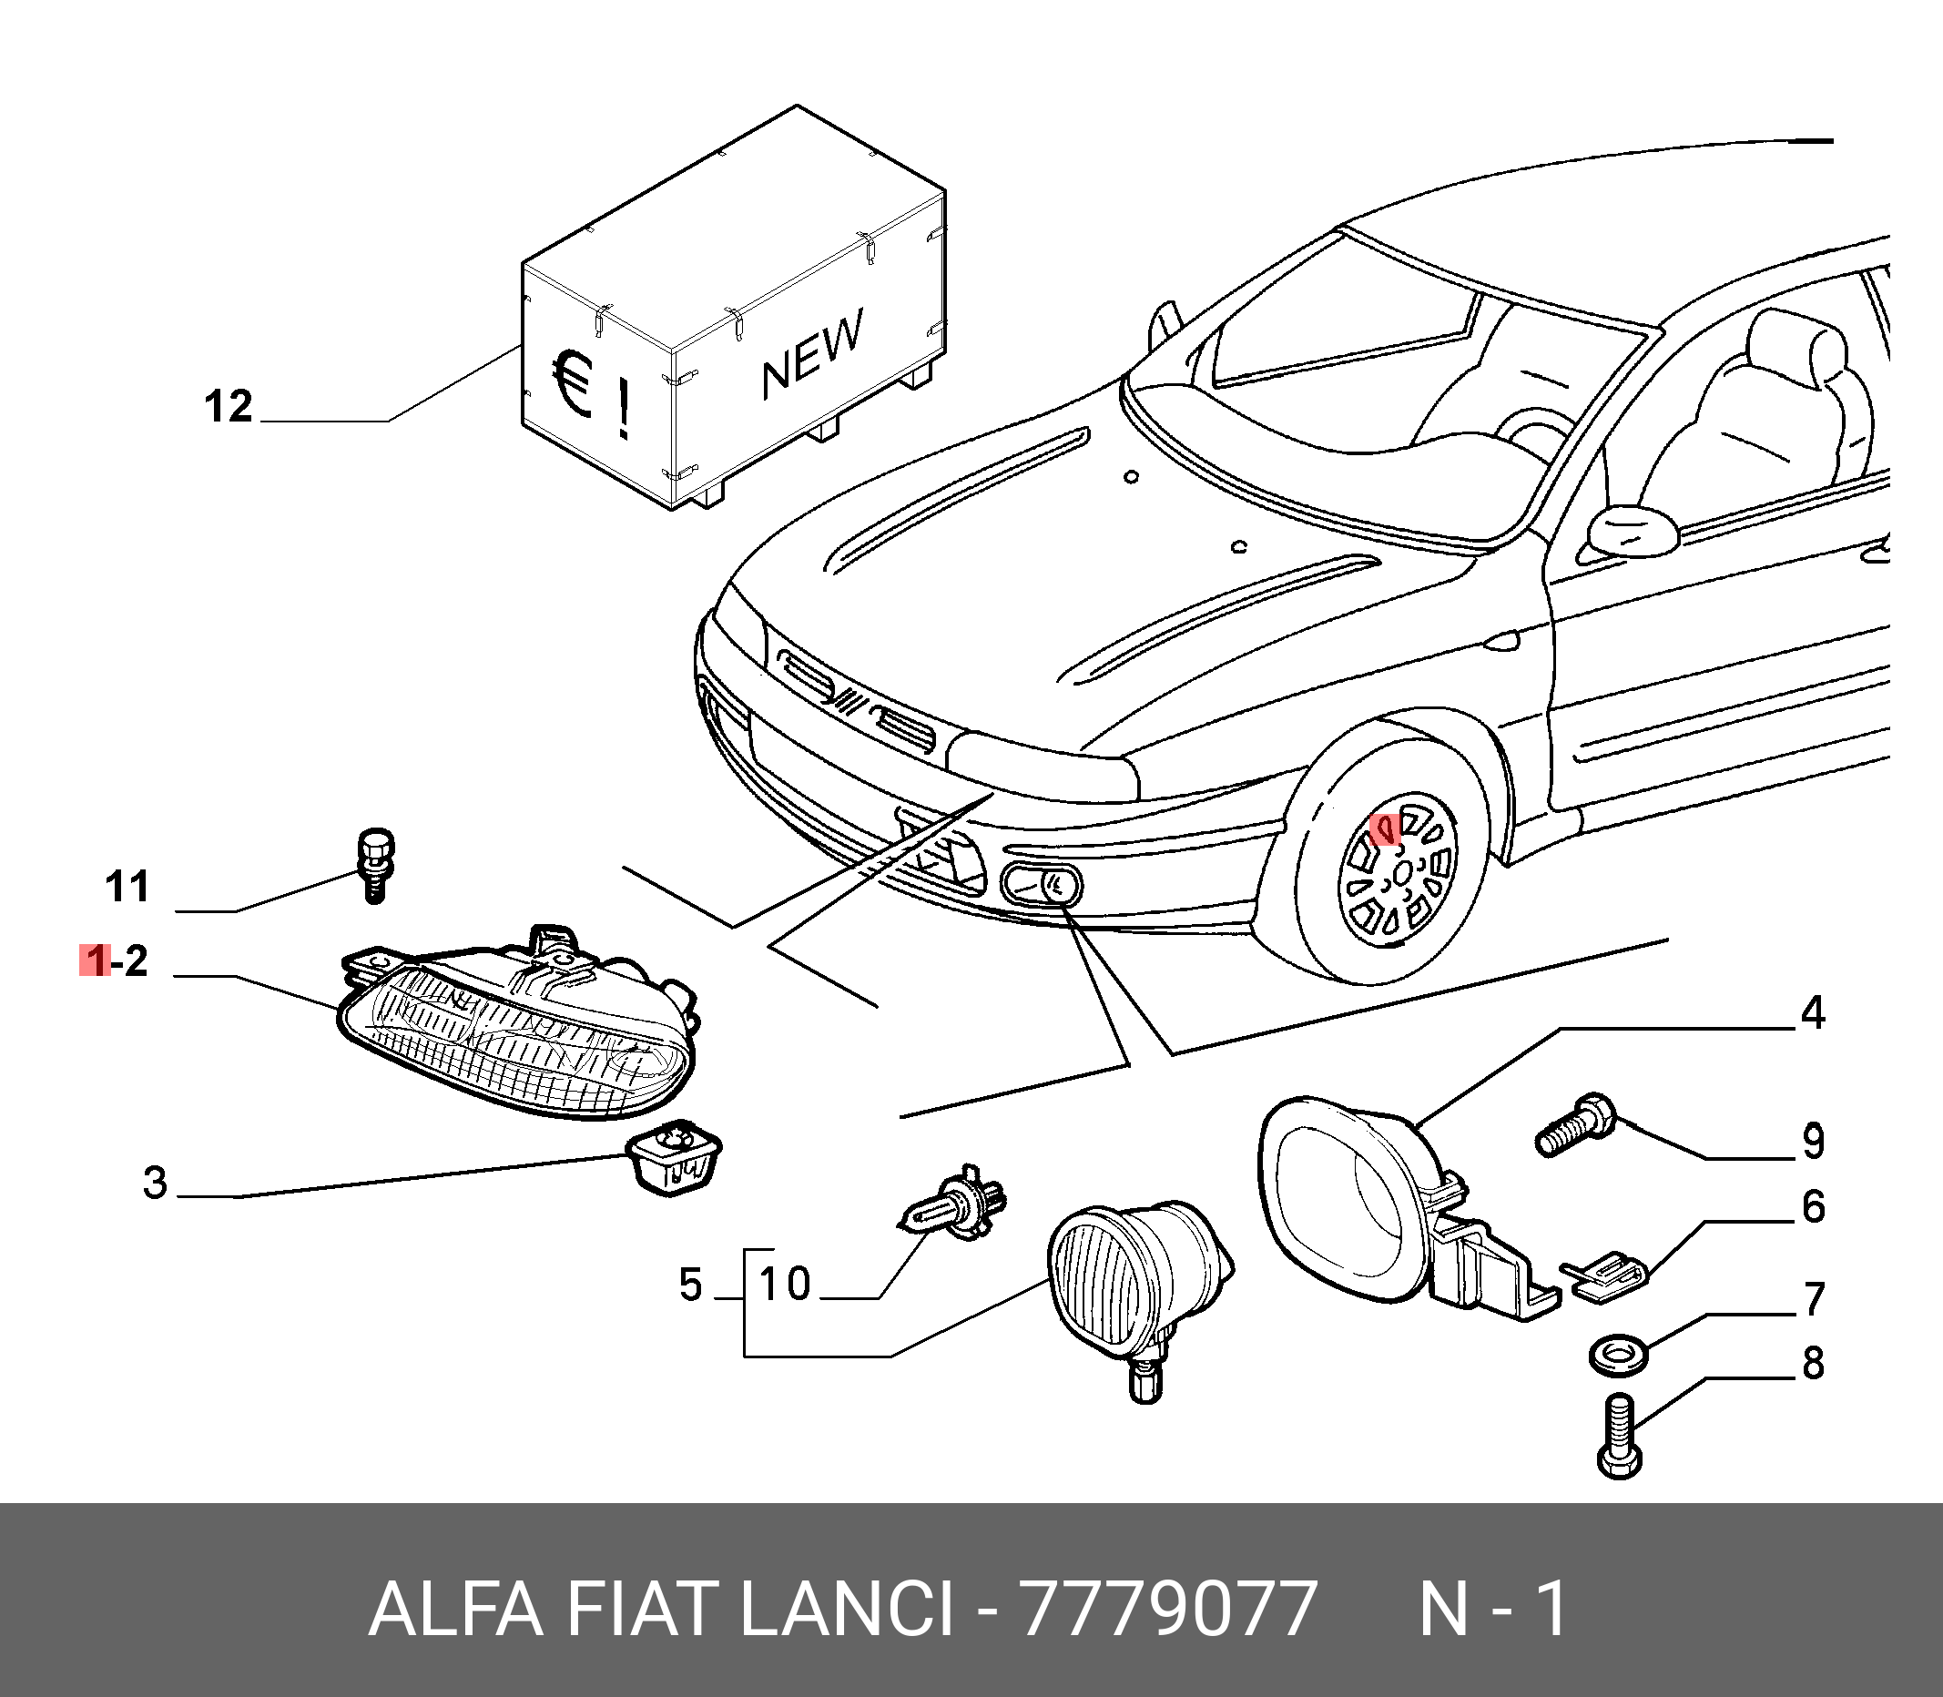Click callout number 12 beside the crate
pyautogui.click(x=229, y=406)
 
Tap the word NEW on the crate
pyautogui.click(x=812, y=351)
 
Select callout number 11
pyautogui.click(x=127, y=887)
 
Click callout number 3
pyautogui.click(x=156, y=1183)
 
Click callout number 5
pyautogui.click(x=691, y=1285)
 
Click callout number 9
pyautogui.click(x=1812, y=1140)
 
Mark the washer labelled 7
pyautogui.click(x=1617, y=1353)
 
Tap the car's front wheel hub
pyautogui.click(x=1399, y=872)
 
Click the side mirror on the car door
pyautogui.click(x=1633, y=529)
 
